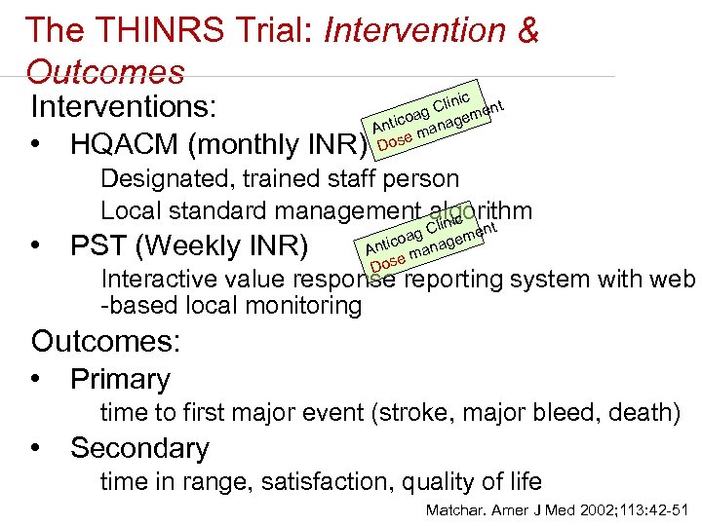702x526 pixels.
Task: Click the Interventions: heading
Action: tap(124, 106)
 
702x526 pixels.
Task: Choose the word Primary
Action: tap(120, 379)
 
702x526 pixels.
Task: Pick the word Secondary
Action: tap(139, 448)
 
